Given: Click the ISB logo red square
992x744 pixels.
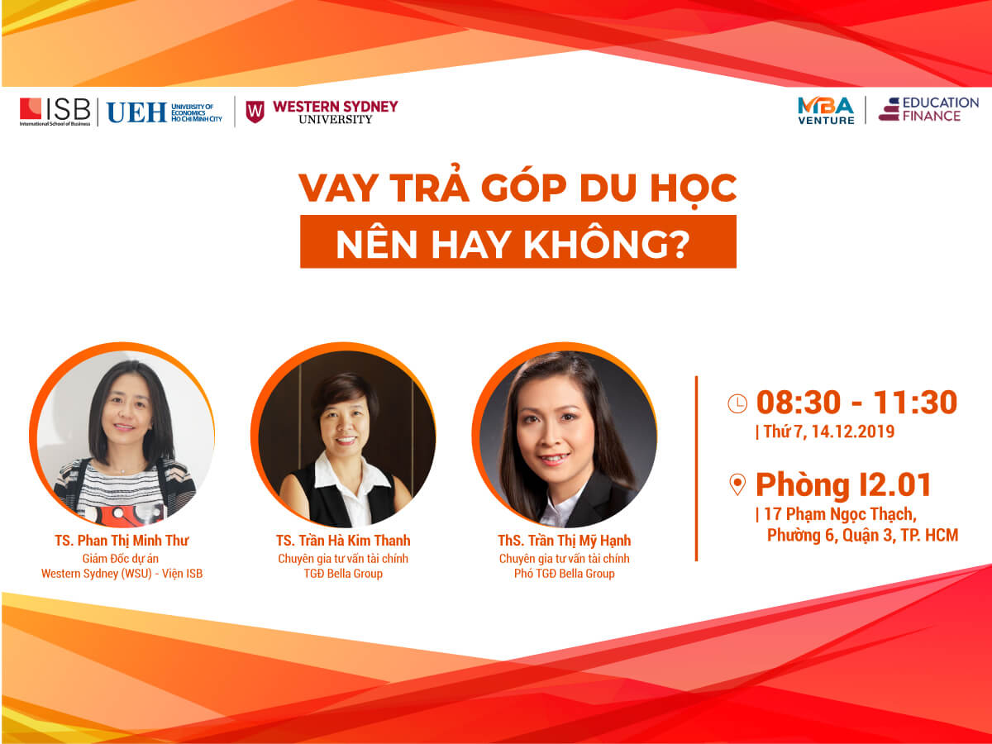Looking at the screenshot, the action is pyautogui.click(x=31, y=109).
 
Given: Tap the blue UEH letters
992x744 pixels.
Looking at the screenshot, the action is pyautogui.click(x=136, y=112).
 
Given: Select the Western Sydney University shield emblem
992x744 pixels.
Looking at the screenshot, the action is pyautogui.click(x=255, y=112).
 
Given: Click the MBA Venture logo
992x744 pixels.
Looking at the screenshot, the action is pyautogui.click(x=826, y=111).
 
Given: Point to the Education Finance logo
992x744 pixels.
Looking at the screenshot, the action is pyautogui.click(x=928, y=109).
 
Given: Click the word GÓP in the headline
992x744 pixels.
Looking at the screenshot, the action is pyautogui.click(x=524, y=188).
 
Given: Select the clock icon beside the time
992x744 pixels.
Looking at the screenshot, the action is pyautogui.click(x=737, y=403).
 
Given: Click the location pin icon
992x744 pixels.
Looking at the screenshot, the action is pyautogui.click(x=737, y=484).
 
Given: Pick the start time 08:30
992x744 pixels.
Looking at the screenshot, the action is pyautogui.click(x=798, y=402).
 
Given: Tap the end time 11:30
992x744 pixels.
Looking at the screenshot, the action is pyautogui.click(x=915, y=402).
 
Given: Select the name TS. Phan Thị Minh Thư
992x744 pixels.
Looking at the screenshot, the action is pyautogui.click(x=122, y=541).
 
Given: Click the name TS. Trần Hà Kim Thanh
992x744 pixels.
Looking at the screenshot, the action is pyautogui.click(x=343, y=541).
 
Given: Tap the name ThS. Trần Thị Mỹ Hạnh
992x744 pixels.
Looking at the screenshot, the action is pyautogui.click(x=564, y=541).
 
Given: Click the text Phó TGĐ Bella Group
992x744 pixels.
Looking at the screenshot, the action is pyautogui.click(x=565, y=573).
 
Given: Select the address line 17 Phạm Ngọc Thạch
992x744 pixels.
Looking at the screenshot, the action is pyautogui.click(x=841, y=514).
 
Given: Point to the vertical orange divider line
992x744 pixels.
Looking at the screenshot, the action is pyautogui.click(x=696, y=469).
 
